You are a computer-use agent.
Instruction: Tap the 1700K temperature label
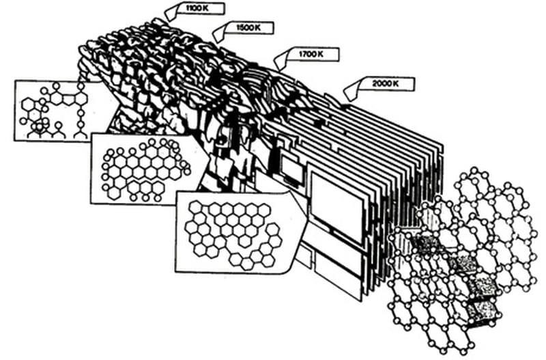(x=310, y=53)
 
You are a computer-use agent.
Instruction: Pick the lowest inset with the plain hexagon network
(x=232, y=232)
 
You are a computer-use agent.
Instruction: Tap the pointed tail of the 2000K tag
(x=345, y=92)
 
